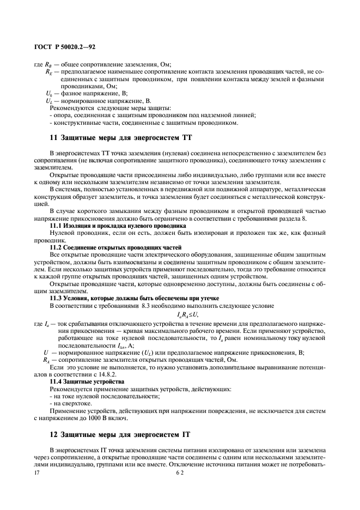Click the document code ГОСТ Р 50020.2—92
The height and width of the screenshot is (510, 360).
65,48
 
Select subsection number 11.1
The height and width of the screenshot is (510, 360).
57,225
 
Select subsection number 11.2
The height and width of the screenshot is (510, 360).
57,247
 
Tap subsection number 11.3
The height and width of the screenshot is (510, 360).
57,297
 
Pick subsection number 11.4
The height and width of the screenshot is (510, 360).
57,381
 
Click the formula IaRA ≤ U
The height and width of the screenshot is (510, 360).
188,315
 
